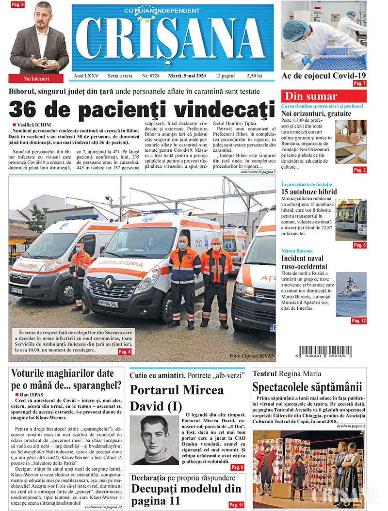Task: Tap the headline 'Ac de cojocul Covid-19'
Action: [x=323, y=75]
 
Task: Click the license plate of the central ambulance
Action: [x=108, y=303]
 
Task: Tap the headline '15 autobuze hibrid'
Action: [x=309, y=192]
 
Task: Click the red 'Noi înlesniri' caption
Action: [x=36, y=78]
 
